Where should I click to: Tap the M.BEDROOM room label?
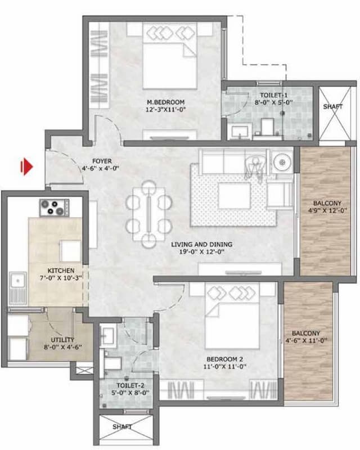point(165,94)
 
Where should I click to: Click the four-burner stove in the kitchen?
point(52,208)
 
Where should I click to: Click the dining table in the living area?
point(148,214)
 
